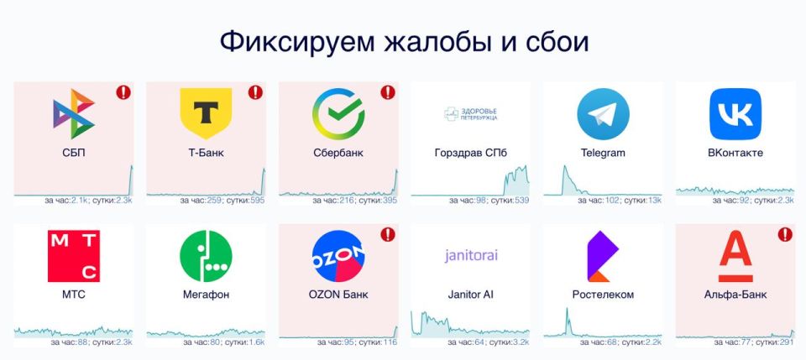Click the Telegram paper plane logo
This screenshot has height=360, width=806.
tap(603, 114)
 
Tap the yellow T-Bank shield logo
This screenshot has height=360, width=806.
tap(206, 113)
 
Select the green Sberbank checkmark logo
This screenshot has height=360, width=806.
tap(338, 114)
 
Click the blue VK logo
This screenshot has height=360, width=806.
tap(735, 114)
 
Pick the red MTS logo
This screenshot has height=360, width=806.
tap(74, 256)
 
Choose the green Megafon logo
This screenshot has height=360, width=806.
tap(206, 256)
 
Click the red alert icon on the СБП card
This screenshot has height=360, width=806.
tap(123, 92)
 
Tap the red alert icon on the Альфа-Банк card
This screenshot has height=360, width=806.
tap(785, 235)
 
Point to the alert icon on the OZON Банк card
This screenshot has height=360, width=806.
tap(388, 235)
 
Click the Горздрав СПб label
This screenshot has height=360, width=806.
tap(471, 153)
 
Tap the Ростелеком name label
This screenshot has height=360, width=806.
tap(603, 295)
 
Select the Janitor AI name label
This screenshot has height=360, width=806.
tap(471, 295)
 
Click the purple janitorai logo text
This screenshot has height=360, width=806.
tap(471, 255)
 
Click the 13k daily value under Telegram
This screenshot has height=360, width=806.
tap(655, 201)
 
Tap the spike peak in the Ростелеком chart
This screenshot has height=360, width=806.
tap(567, 308)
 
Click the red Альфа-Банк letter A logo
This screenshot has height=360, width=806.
tap(735, 256)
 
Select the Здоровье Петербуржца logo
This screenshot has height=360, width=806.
tap(471, 114)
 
